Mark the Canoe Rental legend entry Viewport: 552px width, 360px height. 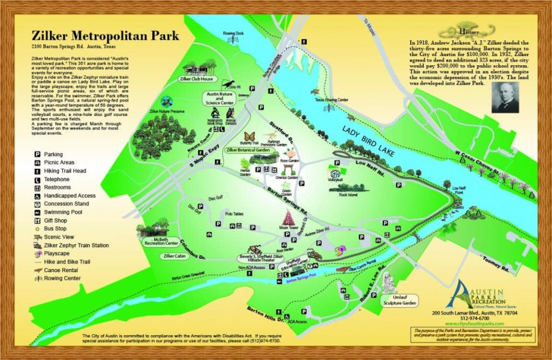pyautogui.click(x=61, y=270)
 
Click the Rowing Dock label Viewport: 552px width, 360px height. pyautogui.click(x=233, y=33)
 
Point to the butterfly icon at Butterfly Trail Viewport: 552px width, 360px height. pyautogui.click(x=250, y=136)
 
